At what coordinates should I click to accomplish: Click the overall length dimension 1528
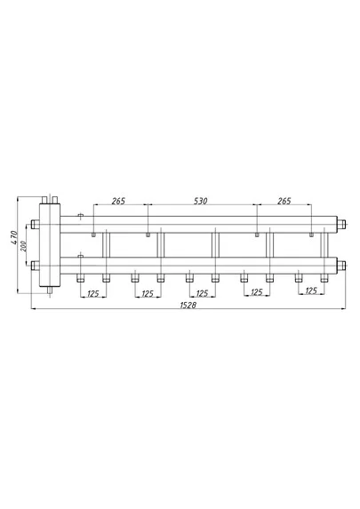tap(188, 306)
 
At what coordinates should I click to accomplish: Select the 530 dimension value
tap(201, 202)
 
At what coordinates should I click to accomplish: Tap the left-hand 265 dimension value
tap(118, 202)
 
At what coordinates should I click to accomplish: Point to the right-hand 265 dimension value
tap(284, 202)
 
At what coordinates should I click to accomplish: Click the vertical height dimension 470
tap(13, 237)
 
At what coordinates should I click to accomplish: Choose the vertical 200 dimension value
tap(23, 246)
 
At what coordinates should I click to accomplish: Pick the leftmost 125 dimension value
tap(93, 294)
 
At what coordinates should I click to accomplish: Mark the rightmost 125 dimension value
tap(311, 290)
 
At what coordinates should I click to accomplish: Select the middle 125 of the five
tap(202, 294)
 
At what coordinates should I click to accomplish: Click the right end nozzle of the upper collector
tap(340, 224)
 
